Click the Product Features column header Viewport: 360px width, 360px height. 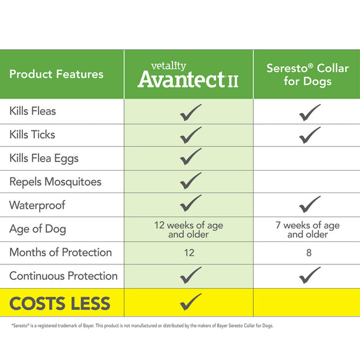[x=56, y=74]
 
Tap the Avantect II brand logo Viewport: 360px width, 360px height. [x=188, y=76]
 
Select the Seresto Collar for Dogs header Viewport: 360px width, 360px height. [x=308, y=74]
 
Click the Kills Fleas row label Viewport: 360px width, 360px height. [x=33, y=111]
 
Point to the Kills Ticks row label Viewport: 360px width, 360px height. [x=32, y=135]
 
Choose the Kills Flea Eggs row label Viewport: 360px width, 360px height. [x=44, y=158]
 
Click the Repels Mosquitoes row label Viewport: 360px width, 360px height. [x=55, y=182]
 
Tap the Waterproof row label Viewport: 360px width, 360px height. [x=37, y=205]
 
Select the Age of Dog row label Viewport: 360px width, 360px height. [x=37, y=229]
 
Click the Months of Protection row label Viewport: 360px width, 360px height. [x=61, y=253]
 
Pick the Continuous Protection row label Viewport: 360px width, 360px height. [x=63, y=276]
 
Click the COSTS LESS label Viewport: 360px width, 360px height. [x=60, y=304]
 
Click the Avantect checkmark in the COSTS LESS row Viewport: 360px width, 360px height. [x=191, y=302]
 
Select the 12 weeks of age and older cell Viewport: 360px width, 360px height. [x=189, y=230]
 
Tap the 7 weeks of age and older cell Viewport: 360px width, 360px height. [x=308, y=230]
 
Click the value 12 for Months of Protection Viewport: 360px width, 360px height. [x=189, y=253]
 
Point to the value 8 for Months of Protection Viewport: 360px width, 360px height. [x=308, y=253]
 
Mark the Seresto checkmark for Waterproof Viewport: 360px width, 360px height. [x=309, y=204]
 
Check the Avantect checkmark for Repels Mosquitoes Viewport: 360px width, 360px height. [x=191, y=181]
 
